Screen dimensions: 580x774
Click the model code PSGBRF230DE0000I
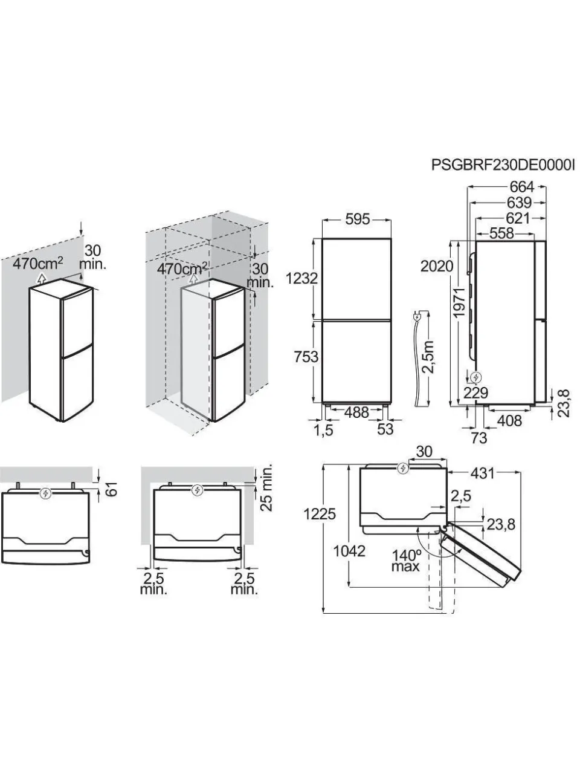(505, 164)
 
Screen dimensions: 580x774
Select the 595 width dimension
(358, 220)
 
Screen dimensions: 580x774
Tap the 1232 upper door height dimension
(302, 279)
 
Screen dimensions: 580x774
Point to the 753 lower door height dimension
(306, 357)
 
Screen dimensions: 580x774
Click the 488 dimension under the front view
(356, 412)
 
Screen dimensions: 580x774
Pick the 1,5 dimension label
(323, 430)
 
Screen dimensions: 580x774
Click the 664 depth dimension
(521, 187)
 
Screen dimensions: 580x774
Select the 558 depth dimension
(501, 233)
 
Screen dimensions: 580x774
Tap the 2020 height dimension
(437, 266)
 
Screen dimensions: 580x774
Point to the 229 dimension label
(475, 392)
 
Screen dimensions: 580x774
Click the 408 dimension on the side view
(509, 420)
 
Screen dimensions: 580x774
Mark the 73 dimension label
(478, 438)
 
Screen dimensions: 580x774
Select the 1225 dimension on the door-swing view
(320, 515)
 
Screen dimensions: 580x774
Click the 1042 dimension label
(349, 551)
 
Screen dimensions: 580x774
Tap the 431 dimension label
(482, 473)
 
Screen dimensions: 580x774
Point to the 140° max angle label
(406, 561)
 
